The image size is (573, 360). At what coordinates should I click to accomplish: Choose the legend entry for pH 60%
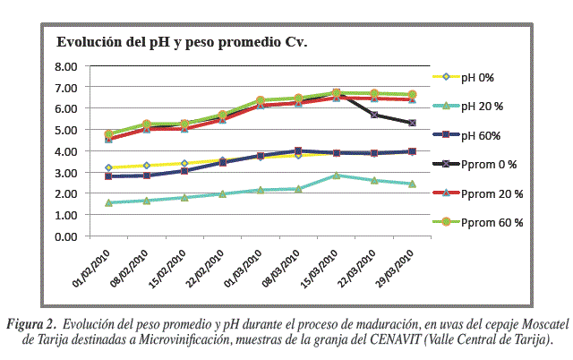click(489, 135)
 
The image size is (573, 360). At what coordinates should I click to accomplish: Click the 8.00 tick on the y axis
click(67, 66)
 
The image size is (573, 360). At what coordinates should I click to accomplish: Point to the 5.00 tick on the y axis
click(67, 130)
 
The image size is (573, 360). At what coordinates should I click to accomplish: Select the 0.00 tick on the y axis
click(67, 236)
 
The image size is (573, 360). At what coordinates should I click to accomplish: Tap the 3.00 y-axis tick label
click(67, 173)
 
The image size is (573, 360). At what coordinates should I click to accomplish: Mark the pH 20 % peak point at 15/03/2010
click(336, 176)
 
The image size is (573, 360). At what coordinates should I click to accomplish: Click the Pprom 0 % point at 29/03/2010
click(411, 123)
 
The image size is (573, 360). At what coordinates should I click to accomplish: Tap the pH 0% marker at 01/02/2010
click(108, 167)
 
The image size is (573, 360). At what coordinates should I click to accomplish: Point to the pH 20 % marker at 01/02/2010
click(108, 203)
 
